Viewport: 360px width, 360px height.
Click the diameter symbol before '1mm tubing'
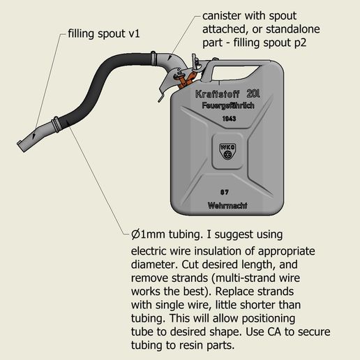click(x=137, y=233)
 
